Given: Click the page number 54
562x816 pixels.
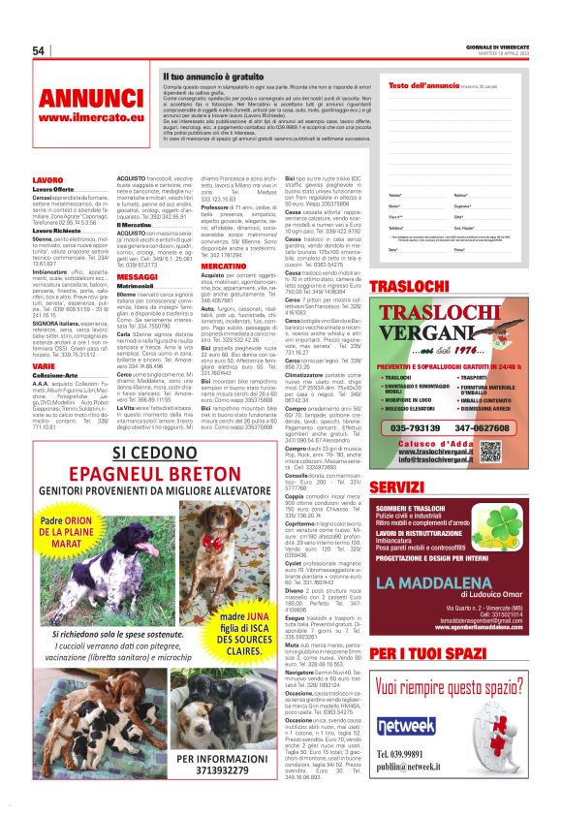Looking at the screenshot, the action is coord(39,50).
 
